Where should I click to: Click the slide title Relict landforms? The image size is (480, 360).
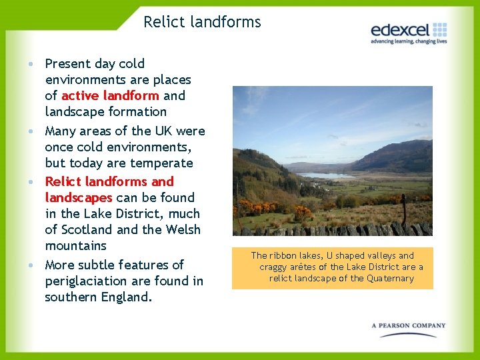tap(202, 22)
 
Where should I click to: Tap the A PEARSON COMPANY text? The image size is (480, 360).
tap(408, 325)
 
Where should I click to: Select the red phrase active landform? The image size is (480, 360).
tap(110, 95)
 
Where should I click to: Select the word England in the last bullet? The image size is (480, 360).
tap(127, 297)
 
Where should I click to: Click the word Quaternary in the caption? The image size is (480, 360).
tap(390, 278)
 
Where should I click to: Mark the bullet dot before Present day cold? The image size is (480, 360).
tap(32, 64)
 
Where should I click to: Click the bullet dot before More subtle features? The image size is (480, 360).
tap(32, 265)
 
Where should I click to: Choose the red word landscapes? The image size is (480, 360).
tap(78, 197)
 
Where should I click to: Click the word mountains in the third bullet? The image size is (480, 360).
tap(77, 246)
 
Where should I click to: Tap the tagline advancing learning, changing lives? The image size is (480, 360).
tap(408, 41)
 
